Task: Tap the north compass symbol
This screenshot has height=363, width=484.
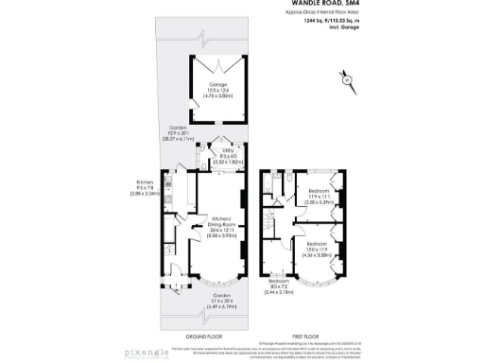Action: coord(347,80)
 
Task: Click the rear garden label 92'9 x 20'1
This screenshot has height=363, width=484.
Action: coord(180,132)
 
